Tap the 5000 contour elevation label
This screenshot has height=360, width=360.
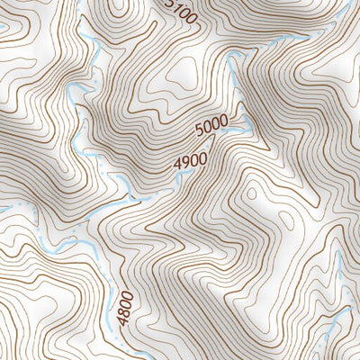click(210, 131)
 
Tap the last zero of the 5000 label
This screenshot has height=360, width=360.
click(221, 123)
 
